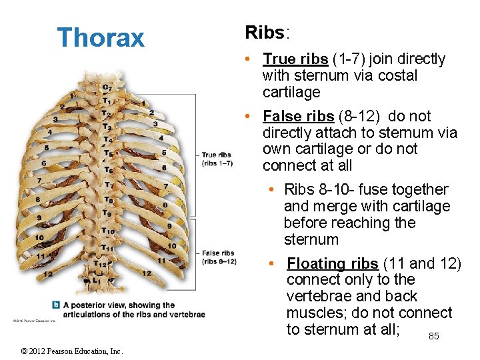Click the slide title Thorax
[x=101, y=37]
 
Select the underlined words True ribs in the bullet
[x=295, y=59]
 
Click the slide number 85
[x=433, y=337]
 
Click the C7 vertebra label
[x=106, y=87]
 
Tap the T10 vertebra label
[x=107, y=231]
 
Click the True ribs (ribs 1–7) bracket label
[x=217, y=159]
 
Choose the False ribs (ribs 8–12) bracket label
[x=219, y=257]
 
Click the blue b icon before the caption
[x=57, y=305]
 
